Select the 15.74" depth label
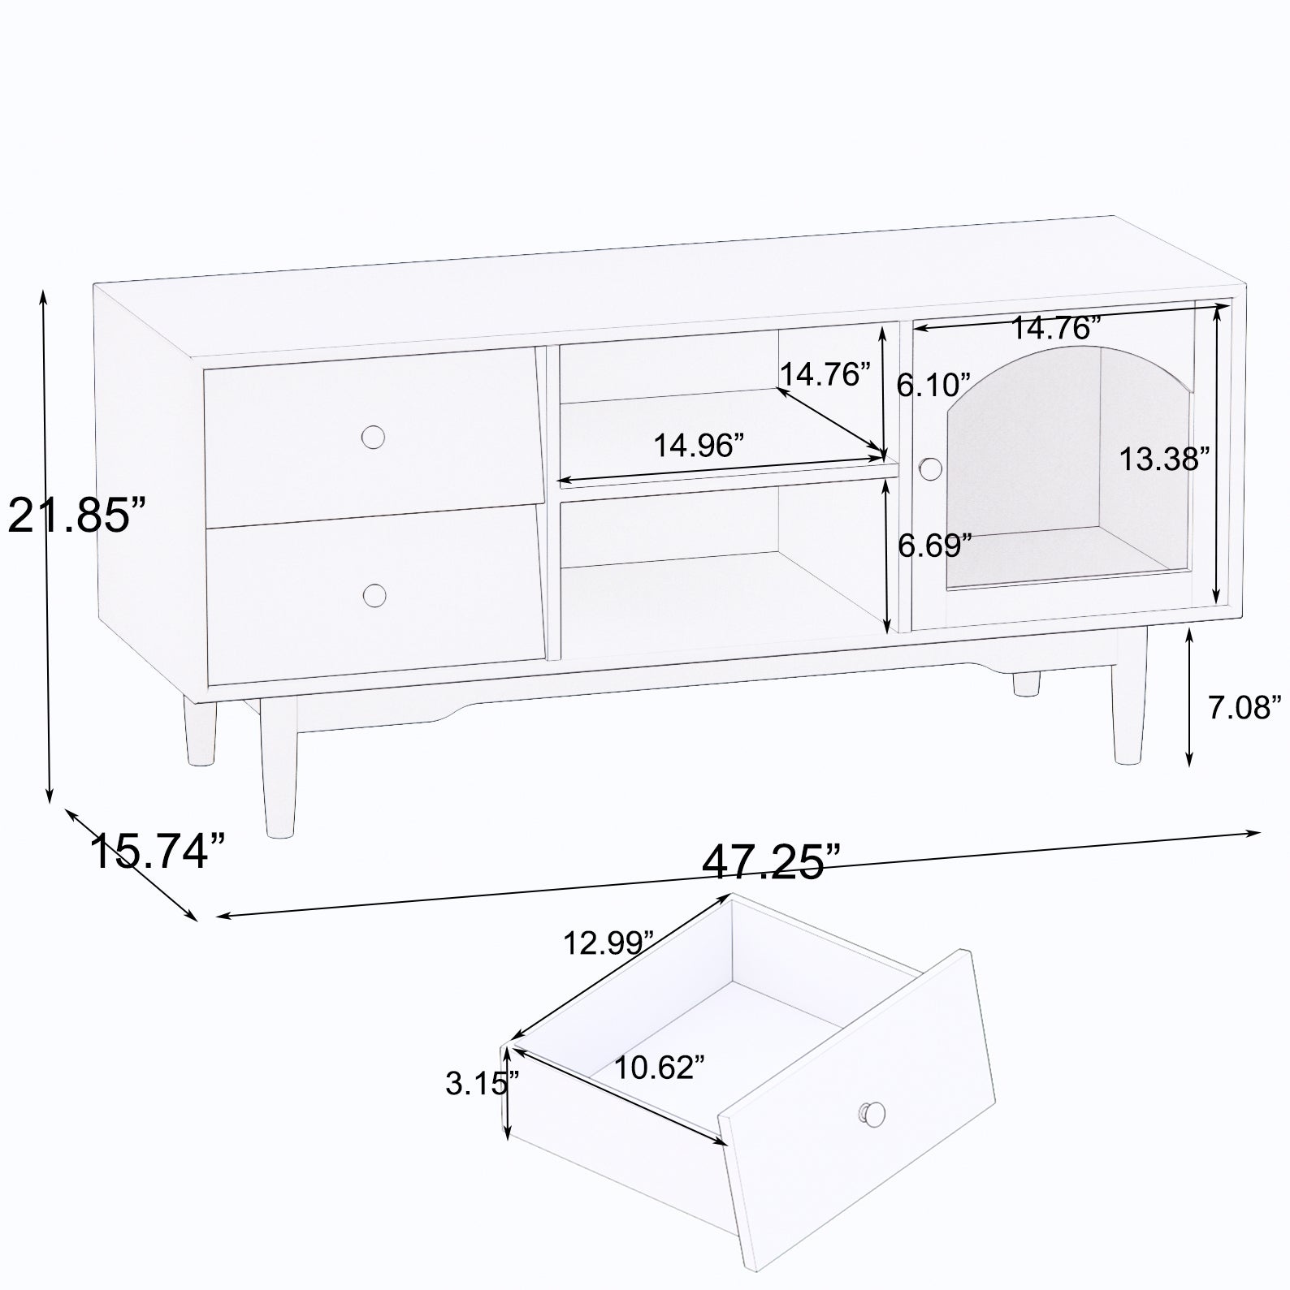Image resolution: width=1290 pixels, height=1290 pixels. point(157,852)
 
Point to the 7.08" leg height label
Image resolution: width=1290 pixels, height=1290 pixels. point(1244,708)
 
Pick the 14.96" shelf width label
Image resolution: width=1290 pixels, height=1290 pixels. point(699,445)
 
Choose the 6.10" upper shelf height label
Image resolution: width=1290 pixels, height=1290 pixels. point(933,384)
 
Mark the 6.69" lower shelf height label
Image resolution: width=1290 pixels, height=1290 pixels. point(934,546)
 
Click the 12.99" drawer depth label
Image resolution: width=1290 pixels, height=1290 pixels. point(609,943)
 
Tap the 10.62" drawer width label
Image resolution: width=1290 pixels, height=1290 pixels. point(659,1067)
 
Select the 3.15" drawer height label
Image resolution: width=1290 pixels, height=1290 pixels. point(482,1083)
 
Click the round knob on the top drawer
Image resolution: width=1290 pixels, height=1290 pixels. point(373,437)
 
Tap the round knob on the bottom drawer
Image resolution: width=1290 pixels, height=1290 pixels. point(374,595)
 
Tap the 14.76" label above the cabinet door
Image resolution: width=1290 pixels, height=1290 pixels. point(1055,328)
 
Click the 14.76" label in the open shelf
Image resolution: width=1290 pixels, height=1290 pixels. point(825,375)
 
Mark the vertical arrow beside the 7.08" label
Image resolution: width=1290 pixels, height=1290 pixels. point(1189,697)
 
